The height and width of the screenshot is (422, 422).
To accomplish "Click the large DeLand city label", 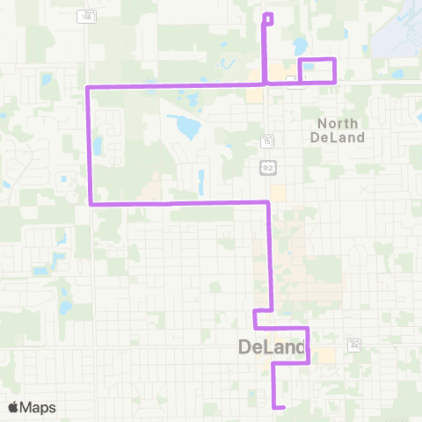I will coord(271,349).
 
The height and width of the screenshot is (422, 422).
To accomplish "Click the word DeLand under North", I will coord(336,137).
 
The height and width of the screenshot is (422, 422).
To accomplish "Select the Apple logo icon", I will coord(14,407).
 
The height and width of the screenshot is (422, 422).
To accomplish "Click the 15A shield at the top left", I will coord(85,16).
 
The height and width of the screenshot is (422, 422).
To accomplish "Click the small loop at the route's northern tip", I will coord(268,17).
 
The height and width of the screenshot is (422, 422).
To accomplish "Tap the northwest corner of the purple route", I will coord(86,88).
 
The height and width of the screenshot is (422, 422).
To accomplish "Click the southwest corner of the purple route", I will coord(91,204).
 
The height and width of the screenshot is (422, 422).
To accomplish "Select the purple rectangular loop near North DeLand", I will coord(318,70).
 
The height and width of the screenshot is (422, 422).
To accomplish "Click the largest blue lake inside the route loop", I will coord(187,128).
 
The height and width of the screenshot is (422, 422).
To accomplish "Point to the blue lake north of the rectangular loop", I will coord(301,44).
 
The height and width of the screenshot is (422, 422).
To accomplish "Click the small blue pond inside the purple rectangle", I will coord(309,66).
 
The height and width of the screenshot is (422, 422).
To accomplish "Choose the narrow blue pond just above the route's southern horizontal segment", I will coord(201,182).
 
